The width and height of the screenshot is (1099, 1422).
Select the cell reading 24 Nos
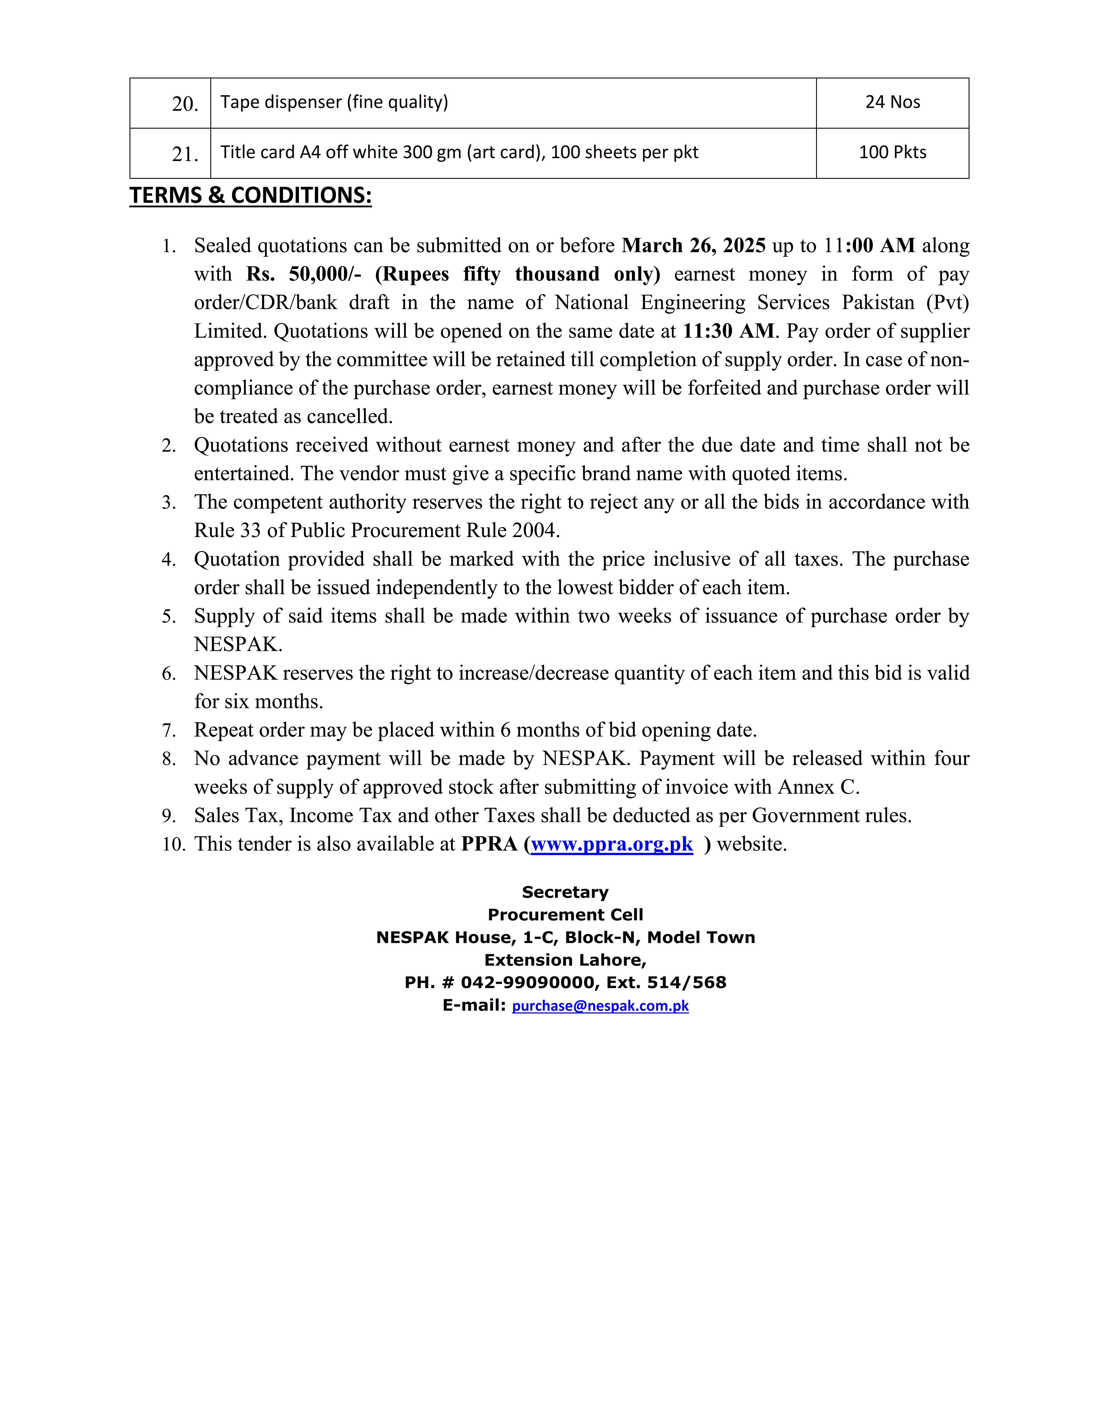coord(892,102)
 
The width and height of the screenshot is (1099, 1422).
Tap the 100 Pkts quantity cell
coord(892,152)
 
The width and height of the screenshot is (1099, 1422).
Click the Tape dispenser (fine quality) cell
coord(334,102)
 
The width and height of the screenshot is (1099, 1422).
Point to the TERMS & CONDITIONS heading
coord(251,195)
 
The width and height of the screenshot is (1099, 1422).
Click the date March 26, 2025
coord(693,245)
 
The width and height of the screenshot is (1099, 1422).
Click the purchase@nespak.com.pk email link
coord(600,1006)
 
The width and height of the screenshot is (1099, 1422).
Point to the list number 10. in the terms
coord(173,845)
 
